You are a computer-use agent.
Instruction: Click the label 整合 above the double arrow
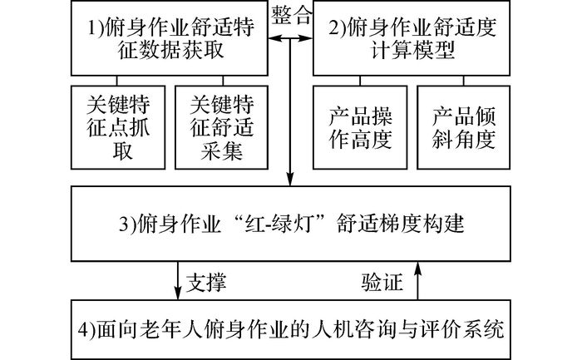291,16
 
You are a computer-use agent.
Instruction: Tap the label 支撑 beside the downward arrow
206,282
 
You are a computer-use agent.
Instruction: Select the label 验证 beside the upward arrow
382,282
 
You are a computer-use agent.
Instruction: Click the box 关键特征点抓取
118,128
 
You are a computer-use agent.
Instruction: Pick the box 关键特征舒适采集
222,128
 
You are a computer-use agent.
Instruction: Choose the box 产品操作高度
360,128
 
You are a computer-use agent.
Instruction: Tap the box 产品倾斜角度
464,128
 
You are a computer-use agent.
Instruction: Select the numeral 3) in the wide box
127,224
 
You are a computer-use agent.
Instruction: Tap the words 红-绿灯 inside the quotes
283,224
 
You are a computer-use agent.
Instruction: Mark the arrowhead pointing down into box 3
290,179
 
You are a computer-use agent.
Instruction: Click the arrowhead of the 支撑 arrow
178,293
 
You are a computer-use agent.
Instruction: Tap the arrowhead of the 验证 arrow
418,269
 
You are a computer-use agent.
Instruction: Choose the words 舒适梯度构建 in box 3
401,224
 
